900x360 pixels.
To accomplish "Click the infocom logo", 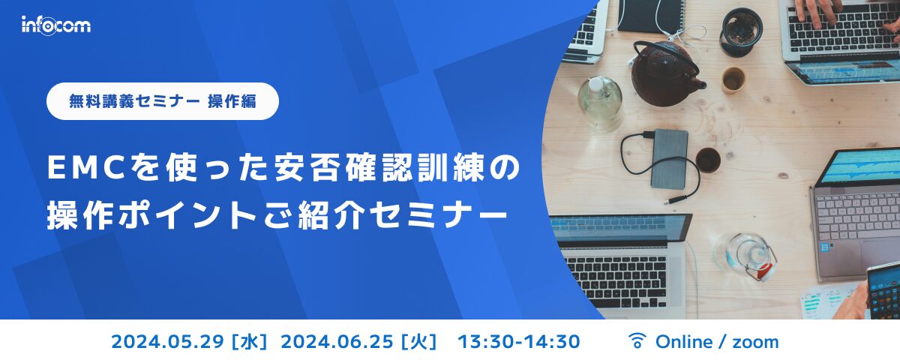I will coord(55,25).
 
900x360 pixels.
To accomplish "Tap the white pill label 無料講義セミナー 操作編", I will coord(162,101).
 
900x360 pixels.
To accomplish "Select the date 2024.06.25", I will coord(337,342).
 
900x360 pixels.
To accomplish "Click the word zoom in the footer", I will coord(755,342).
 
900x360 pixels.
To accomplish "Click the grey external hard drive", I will coord(669,158).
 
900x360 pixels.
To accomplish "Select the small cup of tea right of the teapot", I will coord(733,79).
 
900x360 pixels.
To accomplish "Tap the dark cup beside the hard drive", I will coord(707,159).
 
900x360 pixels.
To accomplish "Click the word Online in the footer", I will coord(683,342).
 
